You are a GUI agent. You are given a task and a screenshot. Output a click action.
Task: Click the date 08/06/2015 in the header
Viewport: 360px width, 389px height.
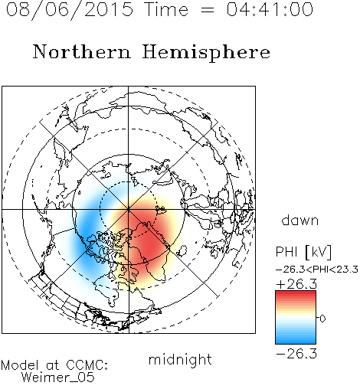tap(70, 10)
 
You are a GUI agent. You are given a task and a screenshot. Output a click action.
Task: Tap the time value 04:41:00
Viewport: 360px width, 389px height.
tap(270, 9)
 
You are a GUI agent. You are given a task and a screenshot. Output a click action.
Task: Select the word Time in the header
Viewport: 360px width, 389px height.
tap(166, 9)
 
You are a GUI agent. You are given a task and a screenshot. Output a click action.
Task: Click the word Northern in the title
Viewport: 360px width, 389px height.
tap(82, 51)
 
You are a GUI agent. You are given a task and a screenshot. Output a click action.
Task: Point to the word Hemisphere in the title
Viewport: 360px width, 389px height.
tap(206, 53)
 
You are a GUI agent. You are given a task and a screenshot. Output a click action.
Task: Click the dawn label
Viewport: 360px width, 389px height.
tap(300, 220)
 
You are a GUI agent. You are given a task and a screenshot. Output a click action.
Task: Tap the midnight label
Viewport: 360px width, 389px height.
tap(180, 359)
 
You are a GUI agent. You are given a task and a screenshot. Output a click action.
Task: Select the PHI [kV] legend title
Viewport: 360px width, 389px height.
tap(303, 252)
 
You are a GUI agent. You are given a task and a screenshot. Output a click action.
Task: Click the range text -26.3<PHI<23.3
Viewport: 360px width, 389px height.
tap(317, 270)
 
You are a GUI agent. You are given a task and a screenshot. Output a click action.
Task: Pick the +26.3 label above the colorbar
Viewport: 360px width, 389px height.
tap(296, 284)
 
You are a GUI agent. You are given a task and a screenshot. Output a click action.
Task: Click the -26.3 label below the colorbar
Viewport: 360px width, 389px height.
tap(296, 354)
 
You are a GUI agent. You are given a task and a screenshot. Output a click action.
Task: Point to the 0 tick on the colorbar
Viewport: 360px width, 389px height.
tap(322, 319)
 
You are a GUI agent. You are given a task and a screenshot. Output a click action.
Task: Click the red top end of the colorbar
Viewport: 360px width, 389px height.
tap(296, 293)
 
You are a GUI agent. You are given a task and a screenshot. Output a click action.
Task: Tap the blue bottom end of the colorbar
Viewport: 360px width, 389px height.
tap(296, 341)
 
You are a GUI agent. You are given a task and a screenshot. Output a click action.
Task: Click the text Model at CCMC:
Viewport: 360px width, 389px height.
tap(54, 365)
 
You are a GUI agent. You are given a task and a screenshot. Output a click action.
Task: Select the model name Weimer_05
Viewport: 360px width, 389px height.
tap(58, 378)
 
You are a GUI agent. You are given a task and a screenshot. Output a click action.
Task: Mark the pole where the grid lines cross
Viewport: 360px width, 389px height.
tap(129, 209)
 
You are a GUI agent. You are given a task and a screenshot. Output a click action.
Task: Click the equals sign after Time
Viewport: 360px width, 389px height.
tap(207, 10)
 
